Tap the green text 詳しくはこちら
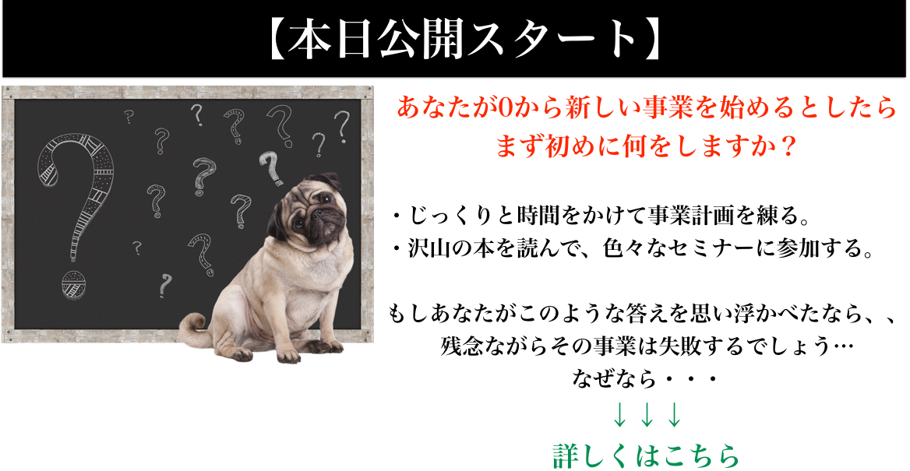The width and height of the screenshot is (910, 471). pos(647,456)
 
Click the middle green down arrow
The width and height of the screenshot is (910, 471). pos(647,416)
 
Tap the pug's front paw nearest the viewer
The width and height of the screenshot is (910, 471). pos(288,354)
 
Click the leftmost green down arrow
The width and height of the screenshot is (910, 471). pos(620,416)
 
